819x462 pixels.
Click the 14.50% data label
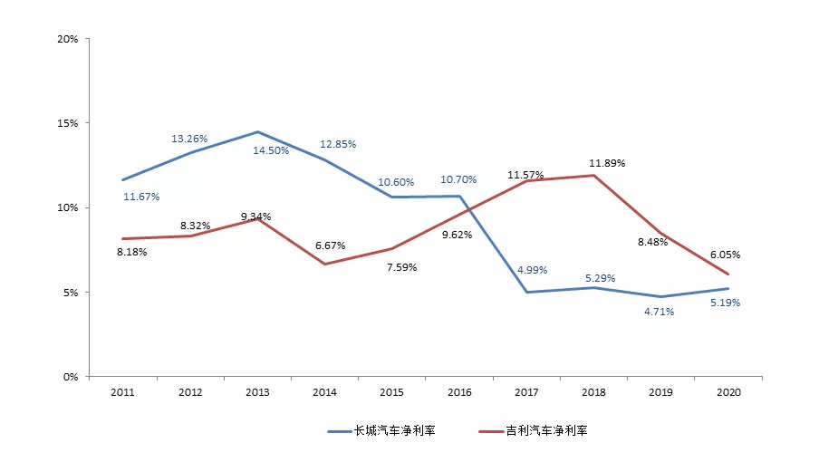(271, 150)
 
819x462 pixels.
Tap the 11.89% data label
(607, 163)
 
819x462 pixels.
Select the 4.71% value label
(660, 312)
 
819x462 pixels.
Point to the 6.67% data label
(330, 245)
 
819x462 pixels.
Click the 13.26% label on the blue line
(189, 139)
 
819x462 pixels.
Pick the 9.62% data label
(457, 235)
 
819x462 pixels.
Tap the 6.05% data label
(725, 255)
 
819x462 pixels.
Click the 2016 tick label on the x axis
(459, 392)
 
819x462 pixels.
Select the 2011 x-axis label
(122, 392)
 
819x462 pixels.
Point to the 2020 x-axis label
(728, 392)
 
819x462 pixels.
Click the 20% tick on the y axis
(67, 39)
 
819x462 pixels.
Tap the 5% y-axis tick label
(71, 293)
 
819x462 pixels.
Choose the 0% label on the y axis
(71, 377)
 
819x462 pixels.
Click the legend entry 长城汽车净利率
(381, 430)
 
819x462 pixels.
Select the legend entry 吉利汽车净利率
(534, 430)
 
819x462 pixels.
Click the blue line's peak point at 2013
(257, 131)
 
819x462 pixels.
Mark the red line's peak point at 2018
(594, 176)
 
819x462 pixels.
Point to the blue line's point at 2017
(526, 292)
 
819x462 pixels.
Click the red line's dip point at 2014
(325, 265)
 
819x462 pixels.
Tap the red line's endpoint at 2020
(728, 274)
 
